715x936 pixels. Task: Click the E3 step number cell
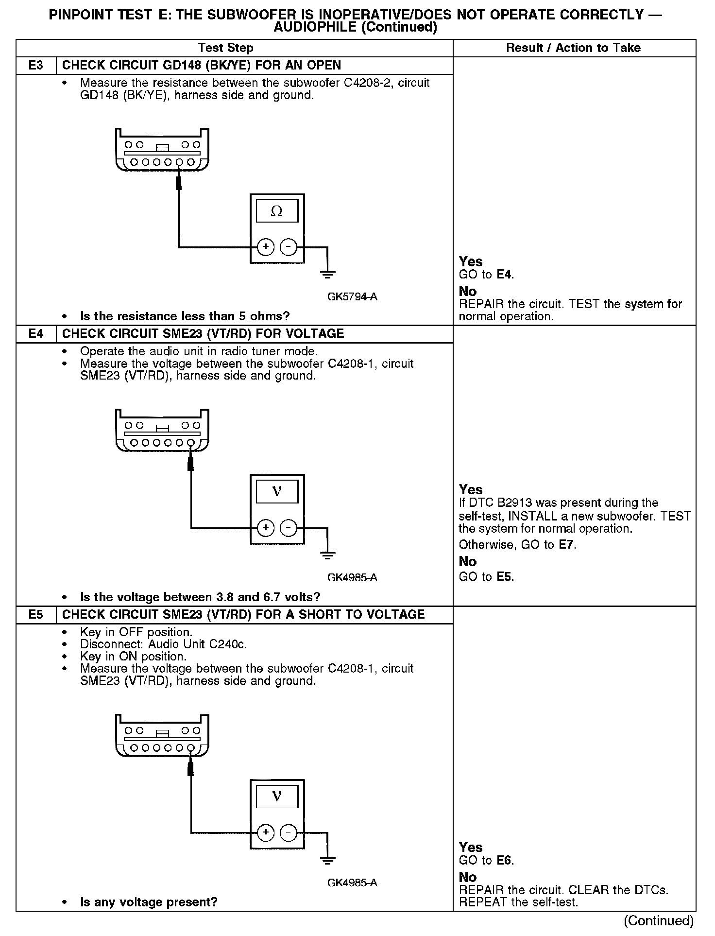tap(36, 66)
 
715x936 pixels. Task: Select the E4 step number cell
tap(36, 334)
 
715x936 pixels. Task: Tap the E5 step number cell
tap(36, 615)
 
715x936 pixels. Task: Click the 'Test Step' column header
tap(226, 48)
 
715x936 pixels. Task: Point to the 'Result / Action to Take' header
tap(573, 48)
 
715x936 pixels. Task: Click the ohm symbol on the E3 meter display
tap(277, 211)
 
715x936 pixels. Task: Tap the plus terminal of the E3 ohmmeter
tap(265, 247)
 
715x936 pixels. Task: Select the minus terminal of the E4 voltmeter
tap(289, 528)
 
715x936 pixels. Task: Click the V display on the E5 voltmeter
tap(277, 797)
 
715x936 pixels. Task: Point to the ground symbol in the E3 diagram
tap(328, 274)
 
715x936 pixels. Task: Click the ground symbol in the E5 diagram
tap(328, 860)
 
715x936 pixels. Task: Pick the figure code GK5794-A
tap(352, 297)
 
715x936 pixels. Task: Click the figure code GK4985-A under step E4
tap(352, 578)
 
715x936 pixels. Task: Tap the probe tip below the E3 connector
tap(179, 183)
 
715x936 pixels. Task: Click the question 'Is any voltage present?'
tap(149, 902)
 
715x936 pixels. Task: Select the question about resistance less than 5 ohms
tap(185, 316)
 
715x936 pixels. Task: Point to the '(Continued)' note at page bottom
tap(659, 921)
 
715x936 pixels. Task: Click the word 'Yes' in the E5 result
tap(471, 848)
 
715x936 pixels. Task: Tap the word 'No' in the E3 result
tap(468, 292)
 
